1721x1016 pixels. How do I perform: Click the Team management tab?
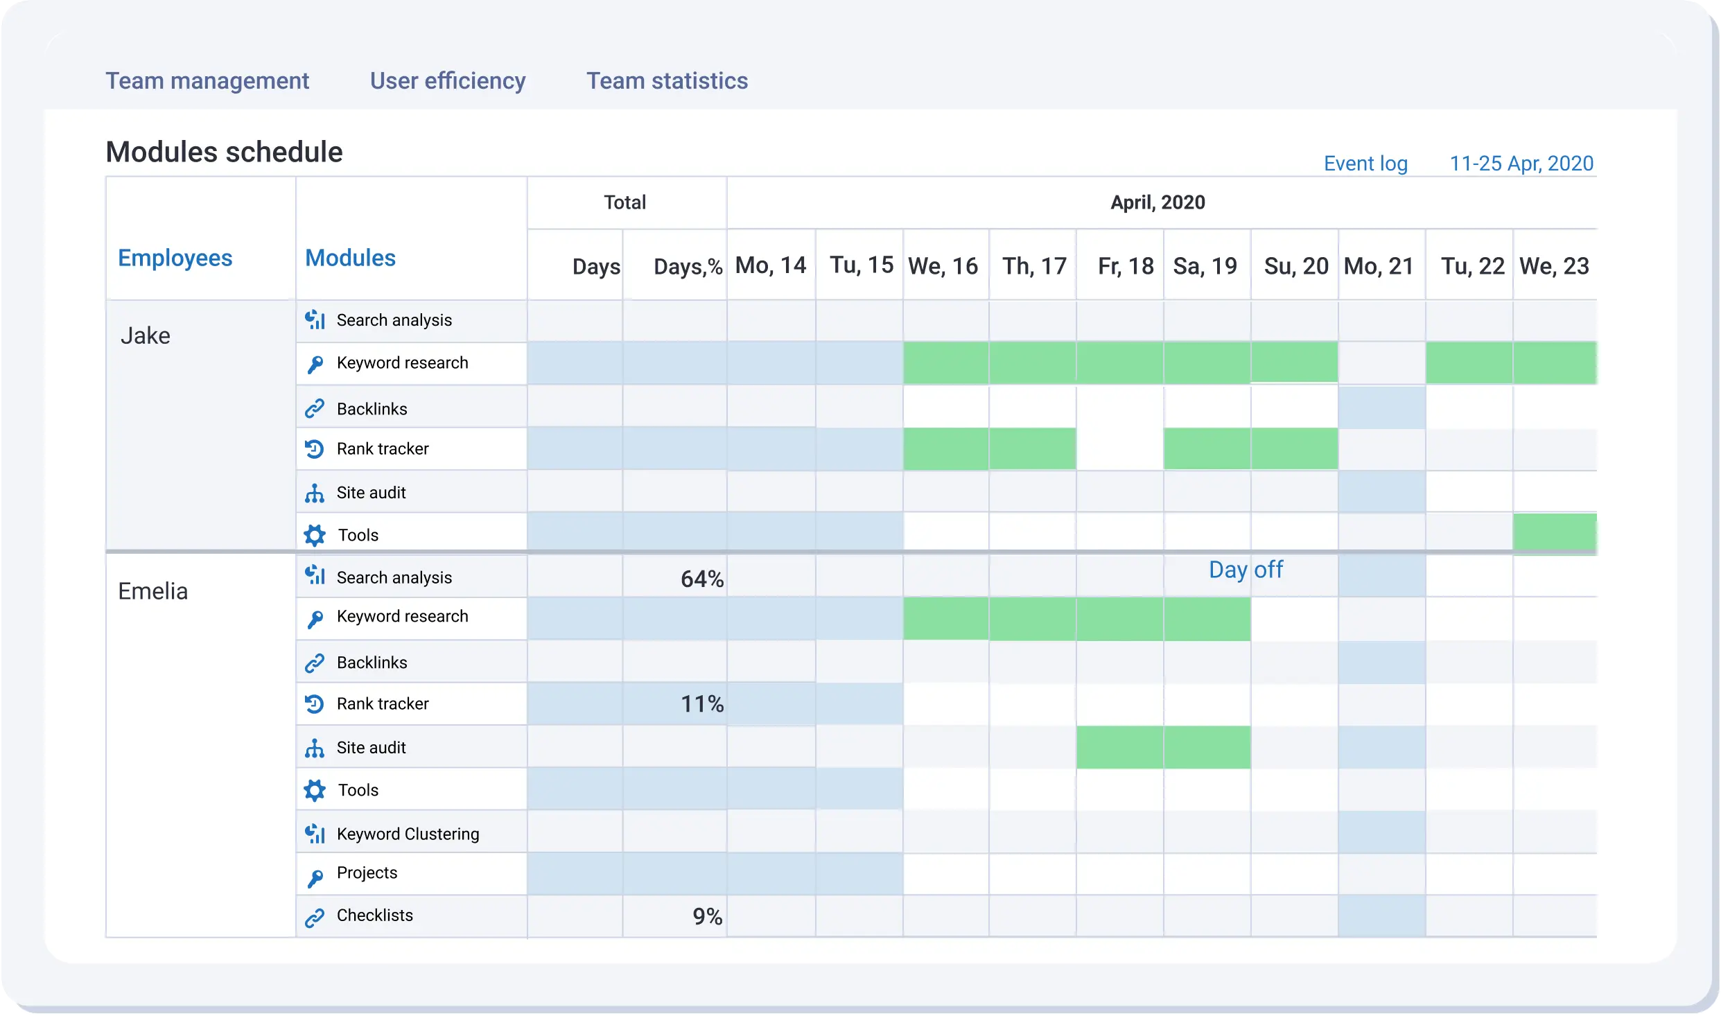[x=207, y=81]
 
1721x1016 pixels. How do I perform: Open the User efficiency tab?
[x=447, y=81]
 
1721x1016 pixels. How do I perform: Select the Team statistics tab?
[x=667, y=81]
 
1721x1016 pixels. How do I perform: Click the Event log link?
[x=1365, y=164]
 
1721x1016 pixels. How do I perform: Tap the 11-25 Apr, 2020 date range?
[x=1521, y=164]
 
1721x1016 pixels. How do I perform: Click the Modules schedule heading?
[x=224, y=152]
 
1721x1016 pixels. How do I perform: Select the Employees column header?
[x=175, y=258]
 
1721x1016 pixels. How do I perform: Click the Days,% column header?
[x=687, y=266]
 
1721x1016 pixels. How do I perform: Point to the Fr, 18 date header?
[x=1125, y=266]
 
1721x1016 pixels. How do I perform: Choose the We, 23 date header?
[x=1553, y=266]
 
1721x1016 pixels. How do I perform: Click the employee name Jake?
[x=145, y=336]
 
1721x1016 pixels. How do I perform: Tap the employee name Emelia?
[x=152, y=591]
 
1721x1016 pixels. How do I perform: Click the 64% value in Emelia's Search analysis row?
[x=701, y=579]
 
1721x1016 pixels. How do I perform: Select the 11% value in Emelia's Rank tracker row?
[x=701, y=704]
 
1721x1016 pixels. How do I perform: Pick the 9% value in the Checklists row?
[x=707, y=916]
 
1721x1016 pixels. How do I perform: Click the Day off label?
[x=1245, y=570]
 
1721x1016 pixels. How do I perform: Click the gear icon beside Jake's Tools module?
[x=315, y=535]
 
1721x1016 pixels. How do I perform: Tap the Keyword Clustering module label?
[x=408, y=834]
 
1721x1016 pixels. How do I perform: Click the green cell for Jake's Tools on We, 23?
[x=1554, y=532]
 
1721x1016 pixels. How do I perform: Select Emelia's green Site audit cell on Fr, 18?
[x=1119, y=747]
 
